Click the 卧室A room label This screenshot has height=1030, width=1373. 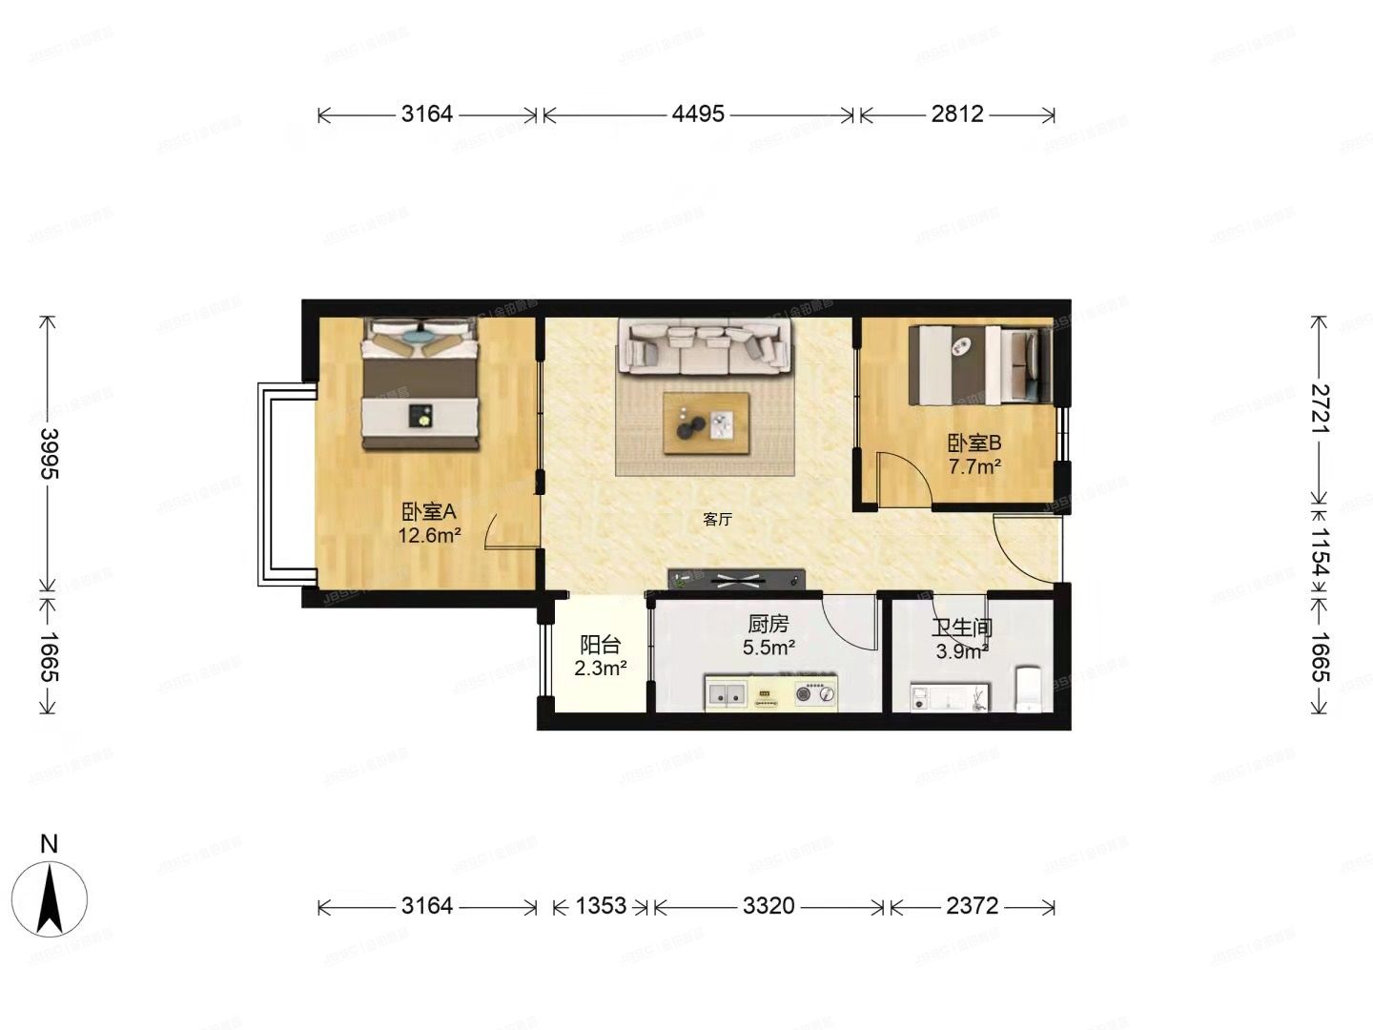428,512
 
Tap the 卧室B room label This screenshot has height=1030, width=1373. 973,443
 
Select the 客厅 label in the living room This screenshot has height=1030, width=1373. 717,520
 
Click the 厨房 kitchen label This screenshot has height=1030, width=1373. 768,625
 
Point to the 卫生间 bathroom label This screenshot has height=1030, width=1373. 962,628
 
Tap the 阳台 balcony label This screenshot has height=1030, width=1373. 600,646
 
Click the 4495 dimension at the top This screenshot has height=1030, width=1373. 698,114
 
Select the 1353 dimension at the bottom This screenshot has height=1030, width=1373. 601,905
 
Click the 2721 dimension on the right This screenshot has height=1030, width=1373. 1320,408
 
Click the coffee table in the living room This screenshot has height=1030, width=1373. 706,423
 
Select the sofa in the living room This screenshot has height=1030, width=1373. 705,346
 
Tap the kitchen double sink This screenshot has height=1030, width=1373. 727,693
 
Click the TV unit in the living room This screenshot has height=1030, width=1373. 737,579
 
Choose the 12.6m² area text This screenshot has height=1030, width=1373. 429,536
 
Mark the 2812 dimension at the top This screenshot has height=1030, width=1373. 957,114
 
